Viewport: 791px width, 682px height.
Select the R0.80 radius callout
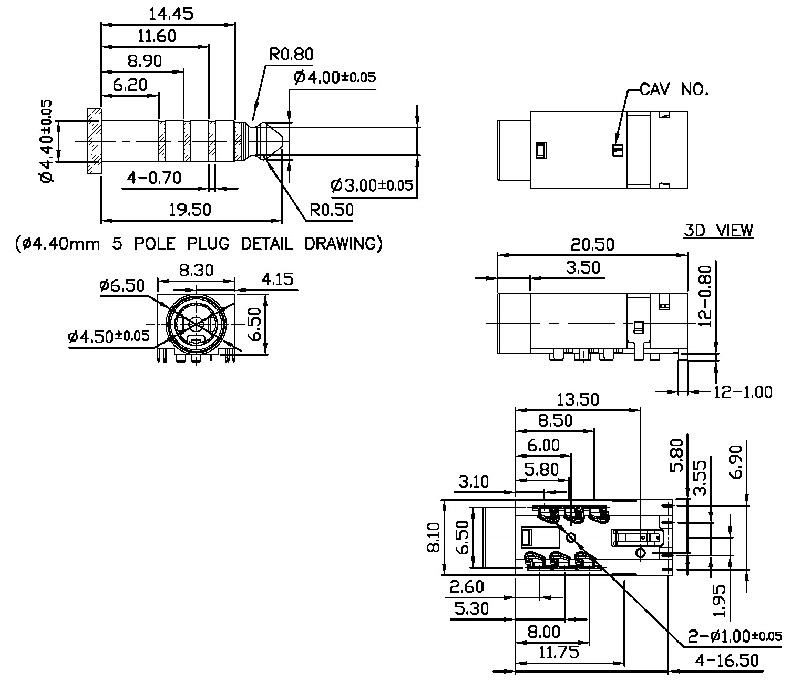click(291, 54)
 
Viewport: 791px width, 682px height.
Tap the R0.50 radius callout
click(331, 210)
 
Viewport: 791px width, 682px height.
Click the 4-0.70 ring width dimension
click(154, 178)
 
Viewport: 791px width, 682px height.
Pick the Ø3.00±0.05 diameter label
click(372, 185)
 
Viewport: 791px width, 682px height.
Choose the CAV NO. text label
click(674, 90)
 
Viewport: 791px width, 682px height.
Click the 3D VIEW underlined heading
click(718, 230)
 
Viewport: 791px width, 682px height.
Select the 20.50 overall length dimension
click(592, 244)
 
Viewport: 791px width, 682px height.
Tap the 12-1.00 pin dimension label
click(743, 391)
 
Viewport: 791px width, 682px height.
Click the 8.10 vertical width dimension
click(434, 538)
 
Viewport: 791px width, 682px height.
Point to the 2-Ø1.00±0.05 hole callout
click(735, 636)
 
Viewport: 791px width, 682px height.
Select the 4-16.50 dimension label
click(727, 660)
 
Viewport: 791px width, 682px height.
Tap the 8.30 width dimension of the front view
click(196, 270)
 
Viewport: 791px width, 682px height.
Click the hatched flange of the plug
click(94, 141)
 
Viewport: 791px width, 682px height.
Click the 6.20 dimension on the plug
click(129, 84)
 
